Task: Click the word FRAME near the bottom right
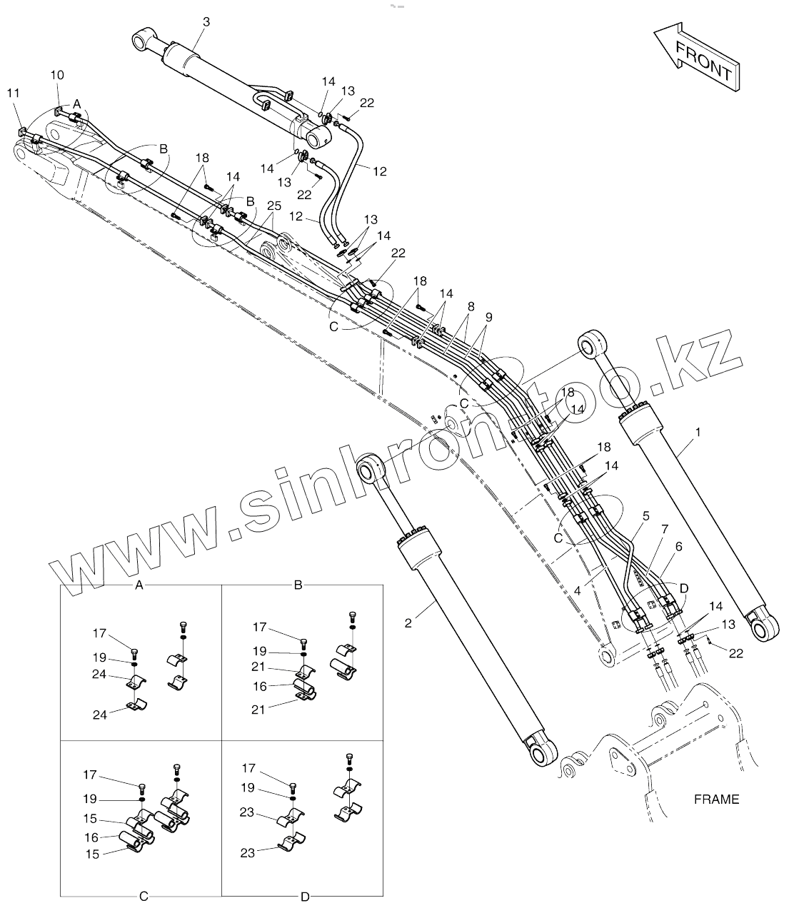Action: pos(716,799)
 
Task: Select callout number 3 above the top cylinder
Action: pos(206,22)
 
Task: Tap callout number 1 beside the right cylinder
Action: pos(698,432)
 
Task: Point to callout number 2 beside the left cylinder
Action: pos(408,622)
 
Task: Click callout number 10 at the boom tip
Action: pos(58,75)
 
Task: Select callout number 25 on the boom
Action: pos(274,206)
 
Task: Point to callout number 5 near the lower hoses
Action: pos(645,515)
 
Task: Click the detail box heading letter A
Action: pos(140,585)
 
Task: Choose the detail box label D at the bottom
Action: pos(305,897)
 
